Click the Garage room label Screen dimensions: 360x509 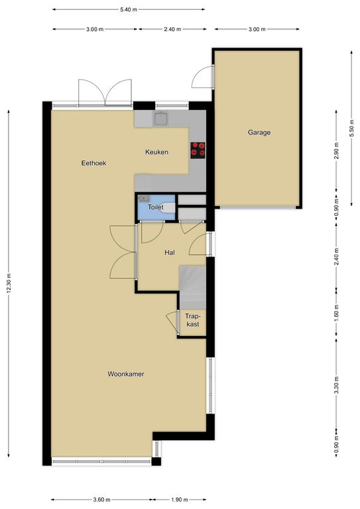(x=259, y=133)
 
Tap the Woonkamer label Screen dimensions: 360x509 (x=125, y=374)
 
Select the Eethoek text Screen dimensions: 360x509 (x=93, y=163)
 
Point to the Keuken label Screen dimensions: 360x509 (x=156, y=152)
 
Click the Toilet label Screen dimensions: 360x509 (x=156, y=207)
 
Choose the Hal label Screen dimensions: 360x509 (x=170, y=253)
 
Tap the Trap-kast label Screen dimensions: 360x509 (x=192, y=319)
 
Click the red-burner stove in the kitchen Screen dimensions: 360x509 (x=198, y=150)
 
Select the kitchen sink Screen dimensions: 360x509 (x=160, y=119)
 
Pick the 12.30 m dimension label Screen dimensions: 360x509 (x=9, y=284)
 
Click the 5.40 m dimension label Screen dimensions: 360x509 (x=129, y=10)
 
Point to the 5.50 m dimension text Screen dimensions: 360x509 (x=351, y=128)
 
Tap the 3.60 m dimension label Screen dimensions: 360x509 (x=101, y=499)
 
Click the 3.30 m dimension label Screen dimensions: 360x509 (x=336, y=385)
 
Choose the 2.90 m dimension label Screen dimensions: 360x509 (x=336, y=151)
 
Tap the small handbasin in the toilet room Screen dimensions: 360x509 (x=143, y=198)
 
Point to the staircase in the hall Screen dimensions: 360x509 (x=193, y=287)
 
